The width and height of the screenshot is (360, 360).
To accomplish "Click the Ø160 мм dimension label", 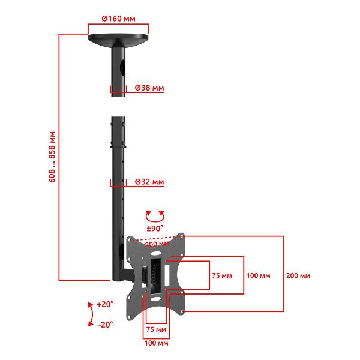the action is coord(118,19).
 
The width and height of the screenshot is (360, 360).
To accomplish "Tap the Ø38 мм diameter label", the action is coord(149,88).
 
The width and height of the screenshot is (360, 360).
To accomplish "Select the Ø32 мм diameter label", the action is coord(149,182).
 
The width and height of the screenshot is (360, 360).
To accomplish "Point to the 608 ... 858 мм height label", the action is coord(52,157).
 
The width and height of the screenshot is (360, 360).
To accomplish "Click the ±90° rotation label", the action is coord(155,228).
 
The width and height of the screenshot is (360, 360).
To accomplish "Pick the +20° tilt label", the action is coord(105,304).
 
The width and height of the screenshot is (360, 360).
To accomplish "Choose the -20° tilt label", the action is coord(106,325).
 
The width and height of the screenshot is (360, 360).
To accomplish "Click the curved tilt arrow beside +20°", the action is coord(92,314).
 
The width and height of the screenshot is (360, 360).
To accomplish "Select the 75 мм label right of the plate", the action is coord(222,275).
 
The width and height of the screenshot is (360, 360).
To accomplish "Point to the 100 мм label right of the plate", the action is coord(258,275).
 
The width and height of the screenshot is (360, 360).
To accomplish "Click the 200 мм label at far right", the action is coord(298,275).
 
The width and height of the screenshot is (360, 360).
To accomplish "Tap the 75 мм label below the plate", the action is coord(156,329).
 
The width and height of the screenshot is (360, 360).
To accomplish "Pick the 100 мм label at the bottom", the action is coord(156,343).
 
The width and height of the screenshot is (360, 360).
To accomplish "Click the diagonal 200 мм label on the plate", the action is coord(157,244).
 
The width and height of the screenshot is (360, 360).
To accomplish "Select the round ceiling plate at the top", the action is coord(118,40).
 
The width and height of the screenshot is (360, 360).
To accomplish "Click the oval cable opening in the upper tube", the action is coord(123,68).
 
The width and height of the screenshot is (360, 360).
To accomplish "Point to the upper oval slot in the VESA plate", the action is coord(156,254).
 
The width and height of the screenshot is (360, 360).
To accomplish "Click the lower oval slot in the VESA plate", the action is coord(156,299).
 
